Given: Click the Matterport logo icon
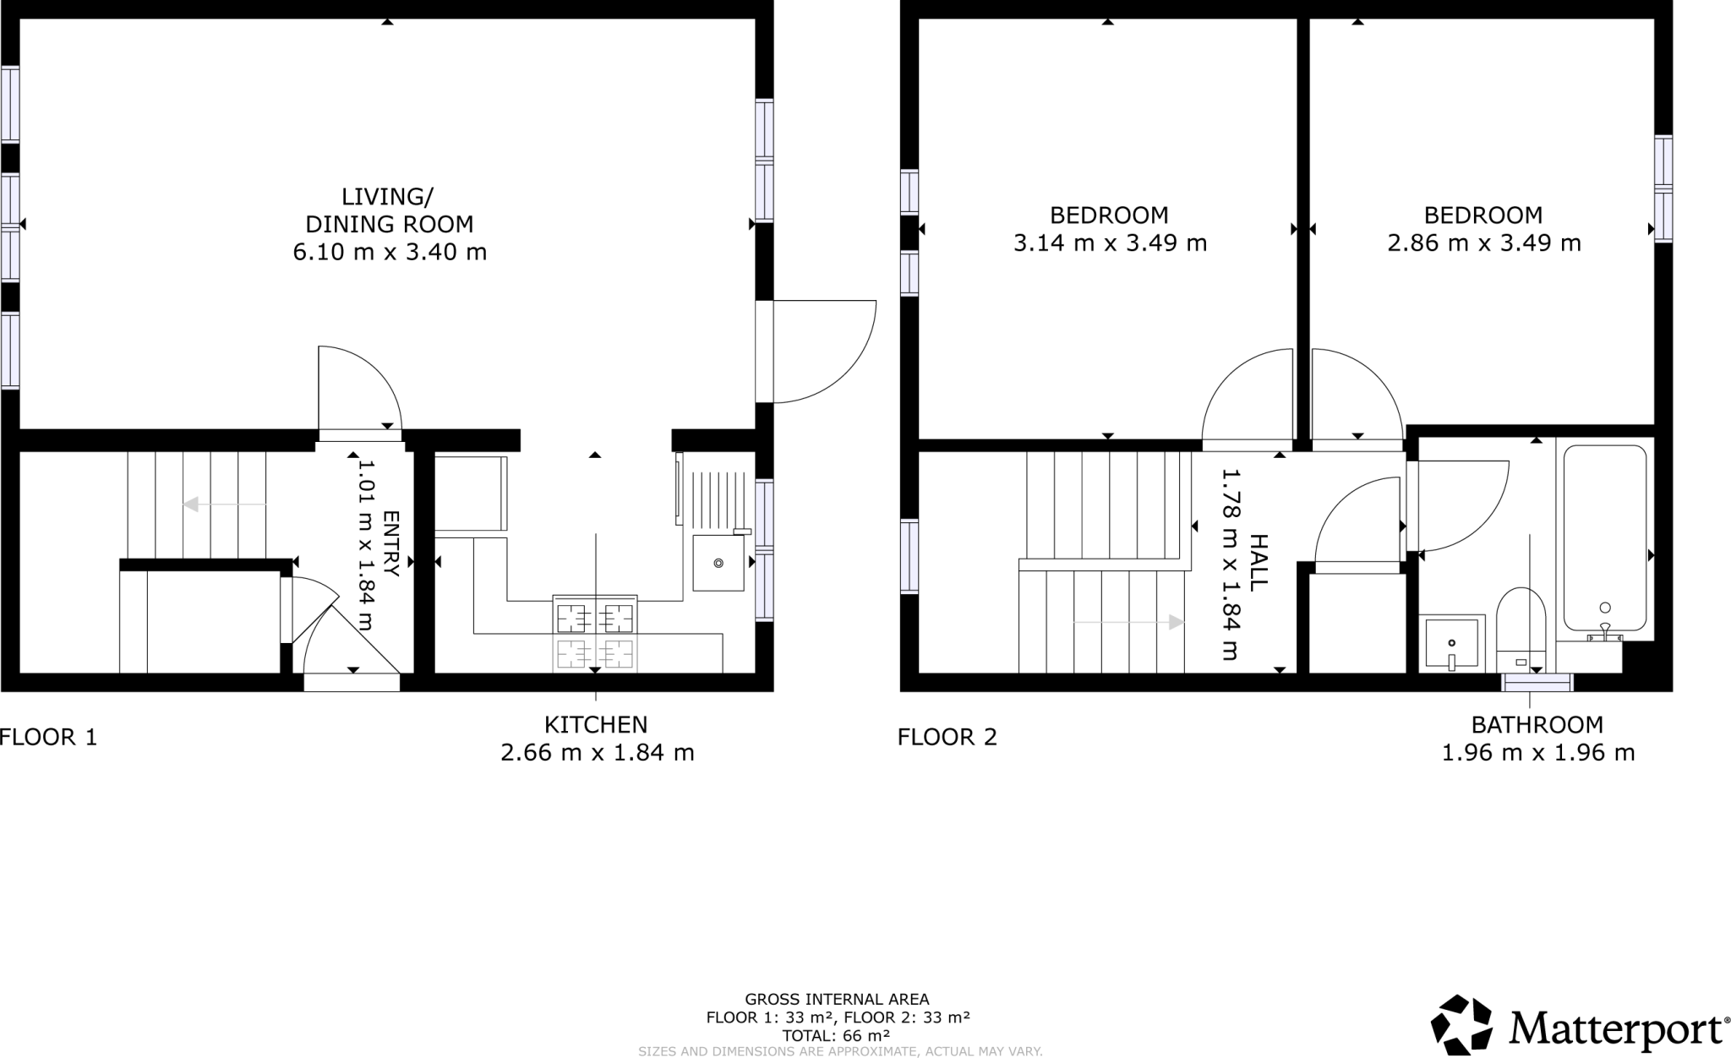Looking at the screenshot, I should [1461, 1025].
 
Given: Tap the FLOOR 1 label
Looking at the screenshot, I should [48, 737].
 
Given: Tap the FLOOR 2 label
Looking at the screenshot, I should [947, 737].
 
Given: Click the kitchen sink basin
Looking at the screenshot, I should [718, 563].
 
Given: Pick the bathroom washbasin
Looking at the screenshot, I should [1451, 643].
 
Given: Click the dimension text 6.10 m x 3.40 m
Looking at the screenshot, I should [390, 252].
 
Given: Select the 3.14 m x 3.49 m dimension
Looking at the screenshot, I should [1109, 243].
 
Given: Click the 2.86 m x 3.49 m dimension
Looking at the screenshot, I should [1483, 243].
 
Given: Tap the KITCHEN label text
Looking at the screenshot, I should [596, 724].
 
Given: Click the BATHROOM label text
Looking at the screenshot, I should [1537, 724].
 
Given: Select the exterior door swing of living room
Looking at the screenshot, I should [824, 351].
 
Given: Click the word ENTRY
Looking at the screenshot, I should [390, 543].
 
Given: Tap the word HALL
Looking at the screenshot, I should [1257, 561].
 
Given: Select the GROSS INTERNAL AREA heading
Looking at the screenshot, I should [837, 1000].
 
